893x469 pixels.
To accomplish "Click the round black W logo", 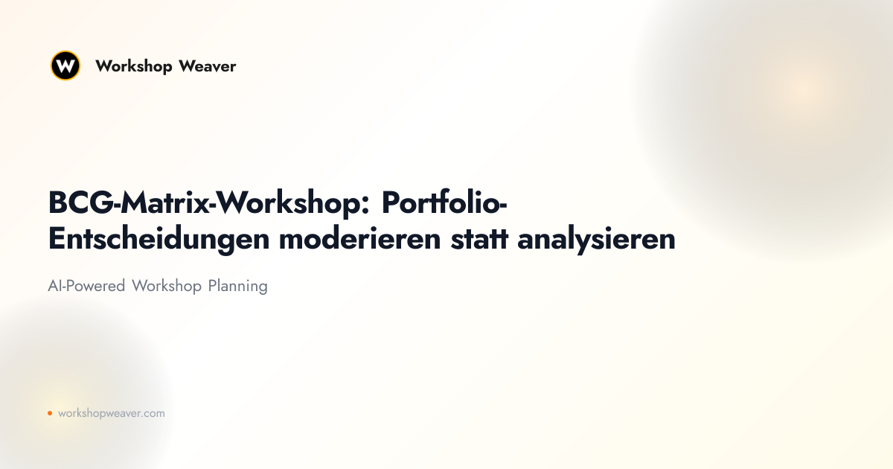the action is click(65, 66).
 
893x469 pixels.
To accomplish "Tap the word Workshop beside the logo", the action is click(133, 66).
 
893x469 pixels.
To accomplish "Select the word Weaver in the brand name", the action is click(208, 66).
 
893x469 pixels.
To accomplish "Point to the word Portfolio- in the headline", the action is click(444, 202).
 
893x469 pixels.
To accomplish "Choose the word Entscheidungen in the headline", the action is click(159, 239).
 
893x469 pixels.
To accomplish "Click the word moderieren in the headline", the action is click(360, 238).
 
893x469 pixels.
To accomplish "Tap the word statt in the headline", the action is click(479, 239).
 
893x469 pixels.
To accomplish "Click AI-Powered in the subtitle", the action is click(86, 286).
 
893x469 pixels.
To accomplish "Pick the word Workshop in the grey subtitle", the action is click(167, 287).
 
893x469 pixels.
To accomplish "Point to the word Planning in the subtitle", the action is click(237, 287).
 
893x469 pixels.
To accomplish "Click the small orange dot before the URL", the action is click(50, 413).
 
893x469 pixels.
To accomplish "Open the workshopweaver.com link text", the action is click(111, 414).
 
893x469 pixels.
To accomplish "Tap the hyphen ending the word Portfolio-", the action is click(503, 205).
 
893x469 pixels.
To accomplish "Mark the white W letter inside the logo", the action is click(65, 66).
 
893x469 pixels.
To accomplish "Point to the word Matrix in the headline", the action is click(165, 202).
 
